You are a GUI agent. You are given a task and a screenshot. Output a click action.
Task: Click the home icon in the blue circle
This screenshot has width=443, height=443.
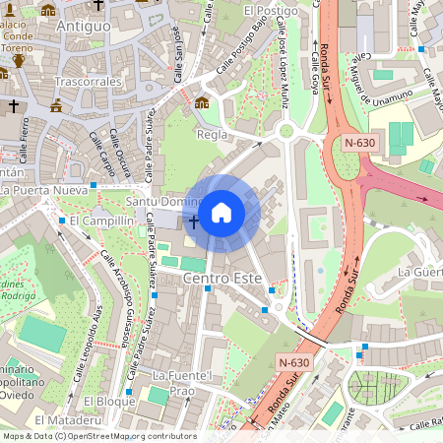click(221, 212)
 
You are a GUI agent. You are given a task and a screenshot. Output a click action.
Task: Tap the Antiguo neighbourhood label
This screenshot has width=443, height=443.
click(84, 26)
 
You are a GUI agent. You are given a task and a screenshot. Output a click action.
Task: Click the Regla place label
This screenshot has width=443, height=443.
click(213, 135)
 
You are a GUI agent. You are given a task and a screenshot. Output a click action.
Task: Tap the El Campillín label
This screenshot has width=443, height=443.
click(100, 221)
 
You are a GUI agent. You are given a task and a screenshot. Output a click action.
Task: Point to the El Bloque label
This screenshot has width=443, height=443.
click(108, 402)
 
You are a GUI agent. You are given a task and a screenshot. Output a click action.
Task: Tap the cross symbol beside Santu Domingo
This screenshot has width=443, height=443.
click(193, 221)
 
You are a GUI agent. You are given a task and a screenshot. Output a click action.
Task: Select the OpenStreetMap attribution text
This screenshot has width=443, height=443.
click(98, 436)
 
